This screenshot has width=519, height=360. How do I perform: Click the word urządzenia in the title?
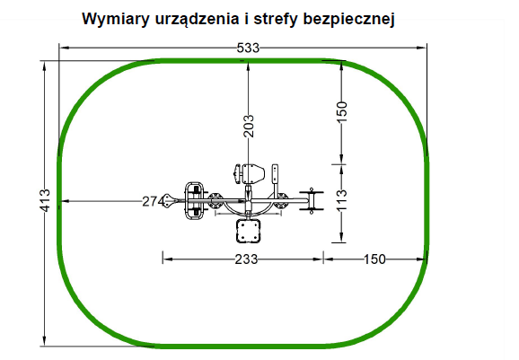pos(197,20)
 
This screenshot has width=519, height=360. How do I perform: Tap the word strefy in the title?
pos(275,20)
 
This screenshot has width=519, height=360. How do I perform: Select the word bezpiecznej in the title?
pos(348,20)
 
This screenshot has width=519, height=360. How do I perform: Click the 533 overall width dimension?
pos(248,48)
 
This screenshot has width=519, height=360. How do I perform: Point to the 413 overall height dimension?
pos(44,200)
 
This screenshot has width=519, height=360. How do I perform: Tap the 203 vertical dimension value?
pos(248,126)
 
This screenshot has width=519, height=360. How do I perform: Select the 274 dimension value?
pos(154,201)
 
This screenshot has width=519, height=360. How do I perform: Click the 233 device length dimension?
pos(246,259)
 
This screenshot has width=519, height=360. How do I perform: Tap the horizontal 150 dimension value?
pos(374,259)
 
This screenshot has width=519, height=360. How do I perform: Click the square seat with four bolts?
pos(248,231)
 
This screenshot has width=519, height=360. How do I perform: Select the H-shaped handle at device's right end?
pos(312,200)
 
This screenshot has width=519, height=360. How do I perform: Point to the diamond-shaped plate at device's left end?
pos(171,201)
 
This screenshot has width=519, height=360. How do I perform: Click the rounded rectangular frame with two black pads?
pos(194,200)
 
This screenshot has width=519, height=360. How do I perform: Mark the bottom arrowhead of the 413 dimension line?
pos(44,341)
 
